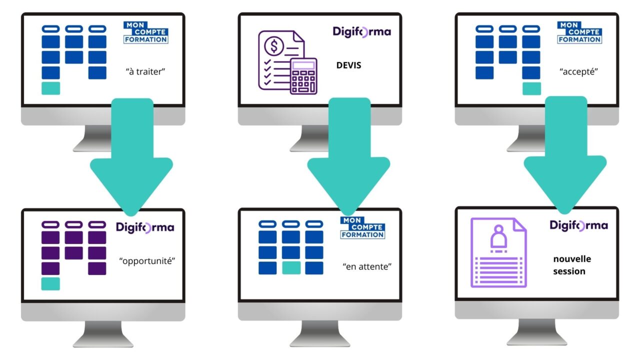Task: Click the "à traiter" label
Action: click(145, 71)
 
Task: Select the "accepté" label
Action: click(579, 71)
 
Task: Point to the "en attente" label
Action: click(367, 266)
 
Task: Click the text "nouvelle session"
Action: click(572, 265)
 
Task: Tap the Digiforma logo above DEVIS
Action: click(362, 31)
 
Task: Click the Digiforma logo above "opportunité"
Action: click(145, 227)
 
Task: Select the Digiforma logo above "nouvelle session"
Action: click(579, 225)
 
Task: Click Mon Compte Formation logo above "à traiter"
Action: click(145, 32)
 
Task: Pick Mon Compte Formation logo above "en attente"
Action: click(362, 227)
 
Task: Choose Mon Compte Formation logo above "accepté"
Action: click(579, 32)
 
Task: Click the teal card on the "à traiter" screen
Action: click(50, 88)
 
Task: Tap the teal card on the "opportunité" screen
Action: click(50, 283)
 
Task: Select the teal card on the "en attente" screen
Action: click(291, 268)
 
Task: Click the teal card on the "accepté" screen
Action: click(531, 88)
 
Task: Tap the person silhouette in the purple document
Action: click(498, 238)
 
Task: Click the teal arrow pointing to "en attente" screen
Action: click(348, 160)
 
